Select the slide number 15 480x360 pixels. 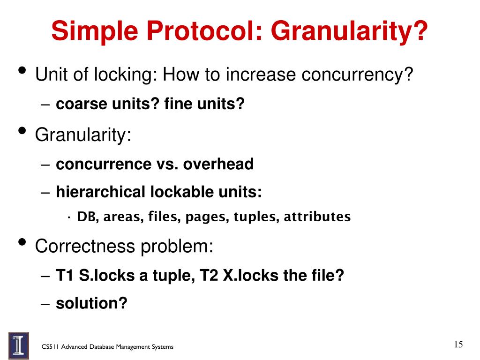click(x=458, y=345)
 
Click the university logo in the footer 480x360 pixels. click(x=19, y=345)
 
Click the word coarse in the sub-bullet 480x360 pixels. click(x=82, y=104)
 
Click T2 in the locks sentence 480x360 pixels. click(x=210, y=275)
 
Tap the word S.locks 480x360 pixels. click(x=107, y=275)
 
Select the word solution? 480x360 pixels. click(x=91, y=303)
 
